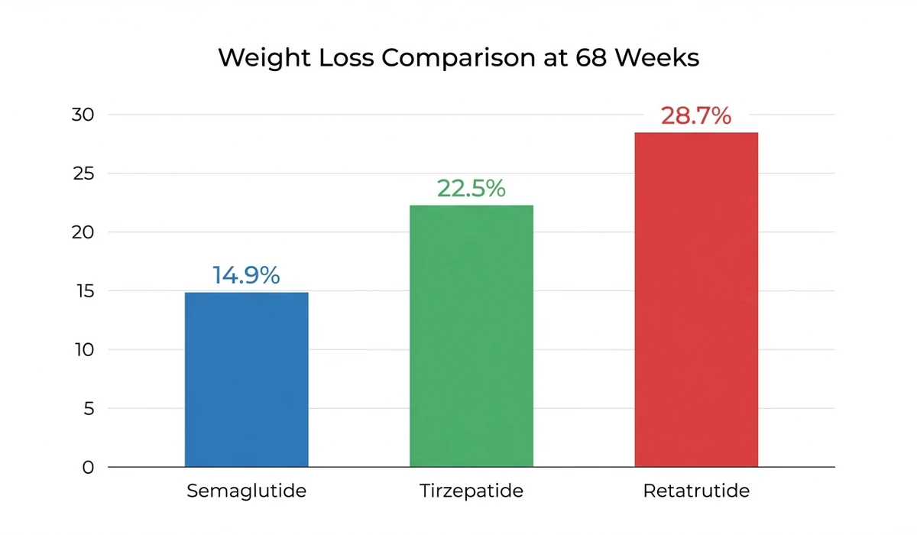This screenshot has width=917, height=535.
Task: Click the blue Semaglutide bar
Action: click(246, 379)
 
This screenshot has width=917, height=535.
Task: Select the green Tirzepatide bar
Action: click(471, 336)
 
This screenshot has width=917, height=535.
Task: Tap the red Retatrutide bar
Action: click(696, 300)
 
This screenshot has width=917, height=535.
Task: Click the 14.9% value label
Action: click(246, 276)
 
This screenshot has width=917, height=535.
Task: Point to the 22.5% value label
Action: click(471, 189)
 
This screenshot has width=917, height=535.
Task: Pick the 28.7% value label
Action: click(696, 116)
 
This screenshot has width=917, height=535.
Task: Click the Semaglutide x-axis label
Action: click(246, 491)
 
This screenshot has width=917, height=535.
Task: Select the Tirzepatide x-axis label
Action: click(471, 491)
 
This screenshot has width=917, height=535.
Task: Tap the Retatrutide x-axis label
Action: click(696, 491)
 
